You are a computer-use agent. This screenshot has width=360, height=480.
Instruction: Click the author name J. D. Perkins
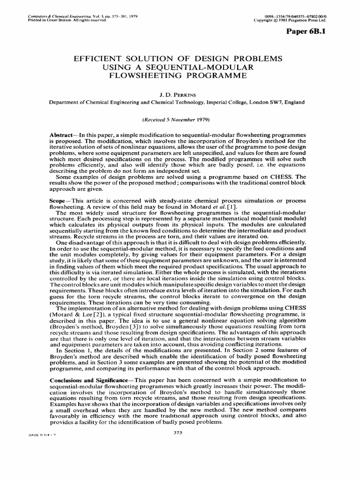tap(180, 94)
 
